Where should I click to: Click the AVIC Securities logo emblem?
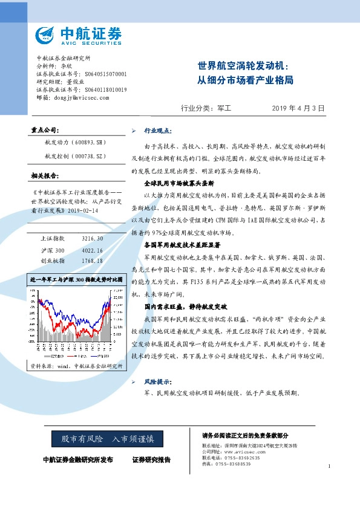point(44,34)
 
